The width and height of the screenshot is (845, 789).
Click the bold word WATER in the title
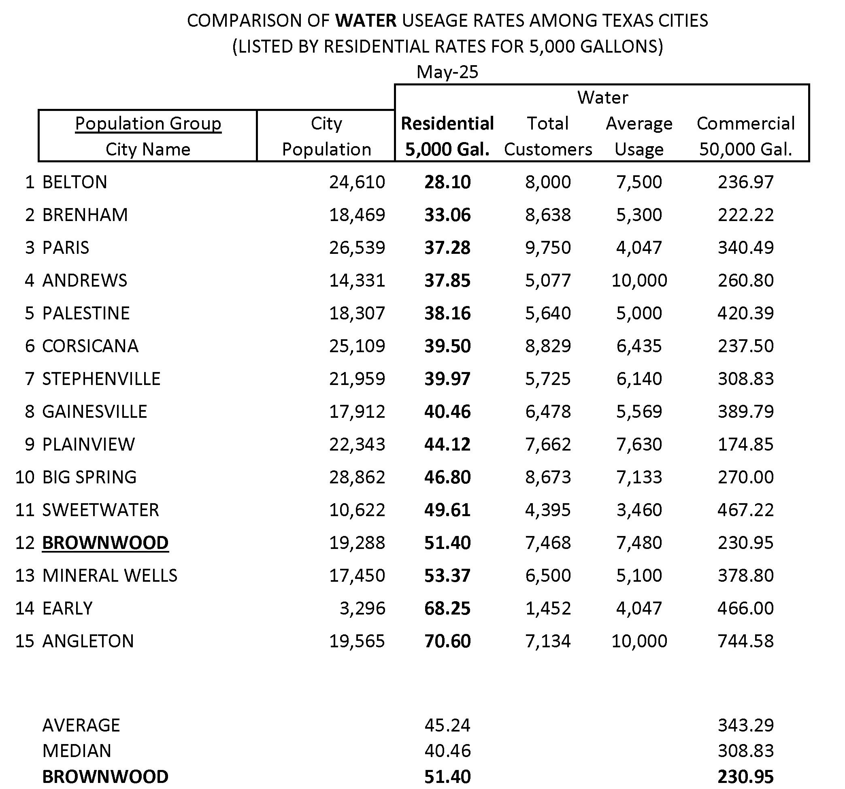(366, 20)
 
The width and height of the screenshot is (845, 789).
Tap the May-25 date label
(447, 72)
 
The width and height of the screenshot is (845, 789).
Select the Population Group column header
(148, 123)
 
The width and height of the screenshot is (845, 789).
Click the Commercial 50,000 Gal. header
(745, 136)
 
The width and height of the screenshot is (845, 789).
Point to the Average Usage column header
(639, 136)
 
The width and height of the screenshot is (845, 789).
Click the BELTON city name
(75, 182)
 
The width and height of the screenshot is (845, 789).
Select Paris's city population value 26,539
(357, 247)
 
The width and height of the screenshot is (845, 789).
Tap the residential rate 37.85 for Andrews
(447, 281)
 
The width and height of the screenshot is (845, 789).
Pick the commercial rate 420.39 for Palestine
(745, 313)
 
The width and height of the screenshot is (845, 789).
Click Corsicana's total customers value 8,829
(548, 346)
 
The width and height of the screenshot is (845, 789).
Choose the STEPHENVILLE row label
(101, 379)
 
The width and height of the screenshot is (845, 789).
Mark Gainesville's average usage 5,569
(639, 411)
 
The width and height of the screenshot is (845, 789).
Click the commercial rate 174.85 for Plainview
(745, 444)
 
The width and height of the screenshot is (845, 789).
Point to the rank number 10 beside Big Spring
(25, 477)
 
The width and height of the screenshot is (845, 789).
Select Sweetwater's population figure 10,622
(357, 510)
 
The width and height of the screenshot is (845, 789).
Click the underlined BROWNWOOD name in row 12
(105, 542)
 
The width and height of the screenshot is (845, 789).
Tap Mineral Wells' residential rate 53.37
(447, 575)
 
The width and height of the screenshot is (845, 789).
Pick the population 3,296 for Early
(362, 608)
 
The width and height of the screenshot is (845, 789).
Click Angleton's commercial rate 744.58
(745, 641)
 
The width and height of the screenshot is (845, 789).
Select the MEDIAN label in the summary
(77, 751)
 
